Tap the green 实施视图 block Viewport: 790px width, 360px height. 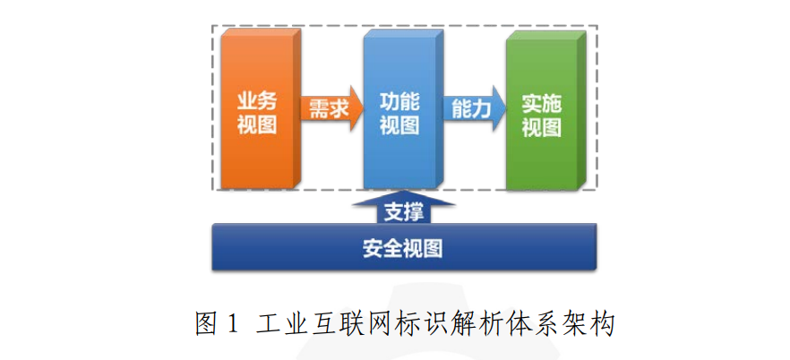(546, 110)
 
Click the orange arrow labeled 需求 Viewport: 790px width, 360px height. (332, 108)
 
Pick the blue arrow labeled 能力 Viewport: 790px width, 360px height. (475, 108)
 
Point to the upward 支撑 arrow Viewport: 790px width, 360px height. (404, 208)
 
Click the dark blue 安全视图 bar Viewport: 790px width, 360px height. (404, 247)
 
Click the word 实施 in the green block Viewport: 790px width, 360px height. (542, 104)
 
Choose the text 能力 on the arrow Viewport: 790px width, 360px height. (471, 108)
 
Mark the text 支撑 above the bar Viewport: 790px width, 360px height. (404, 212)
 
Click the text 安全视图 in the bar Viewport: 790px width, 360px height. (403, 248)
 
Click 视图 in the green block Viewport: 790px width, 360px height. (542, 127)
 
